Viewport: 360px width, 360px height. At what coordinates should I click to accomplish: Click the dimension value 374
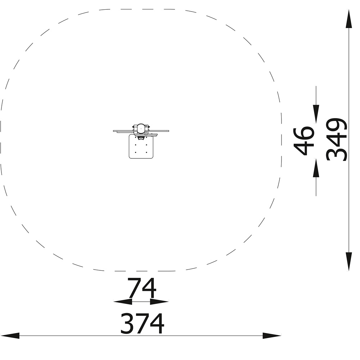pyautogui.click(x=142, y=323)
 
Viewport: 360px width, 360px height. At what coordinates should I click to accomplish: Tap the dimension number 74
pyautogui.click(x=142, y=288)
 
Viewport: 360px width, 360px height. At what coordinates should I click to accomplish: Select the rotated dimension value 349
pyautogui.click(x=337, y=140)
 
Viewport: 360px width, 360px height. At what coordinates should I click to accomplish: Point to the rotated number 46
pyautogui.click(x=304, y=140)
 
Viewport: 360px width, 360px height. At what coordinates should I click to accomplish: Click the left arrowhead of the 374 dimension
pyautogui.click(x=10, y=336)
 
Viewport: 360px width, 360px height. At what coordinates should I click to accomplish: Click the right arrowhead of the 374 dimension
pyautogui.click(x=272, y=336)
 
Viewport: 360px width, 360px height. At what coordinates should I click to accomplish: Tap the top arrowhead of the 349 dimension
pyautogui.click(x=349, y=19)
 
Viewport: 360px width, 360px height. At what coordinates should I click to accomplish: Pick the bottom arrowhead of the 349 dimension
pyautogui.click(x=349, y=261)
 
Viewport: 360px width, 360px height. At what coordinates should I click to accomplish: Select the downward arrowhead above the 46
pyautogui.click(x=316, y=114)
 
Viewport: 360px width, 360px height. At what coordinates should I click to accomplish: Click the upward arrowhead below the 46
pyautogui.click(x=316, y=168)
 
